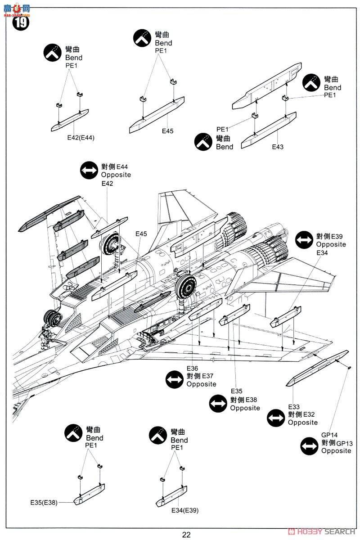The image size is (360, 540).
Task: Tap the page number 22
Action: tap(186, 535)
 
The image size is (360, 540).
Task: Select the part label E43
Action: tap(278, 147)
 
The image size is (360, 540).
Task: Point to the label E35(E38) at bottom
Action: tap(44, 503)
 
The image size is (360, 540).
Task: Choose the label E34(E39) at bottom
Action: tap(184, 510)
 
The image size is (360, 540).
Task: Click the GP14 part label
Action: tap(329, 435)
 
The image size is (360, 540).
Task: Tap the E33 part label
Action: tap(294, 407)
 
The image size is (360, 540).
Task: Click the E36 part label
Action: tap(193, 369)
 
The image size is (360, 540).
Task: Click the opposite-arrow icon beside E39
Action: tap(304, 240)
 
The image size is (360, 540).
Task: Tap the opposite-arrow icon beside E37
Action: tap(175, 380)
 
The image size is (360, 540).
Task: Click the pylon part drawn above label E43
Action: tap(268, 130)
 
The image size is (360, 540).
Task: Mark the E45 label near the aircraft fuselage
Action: tap(141, 234)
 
